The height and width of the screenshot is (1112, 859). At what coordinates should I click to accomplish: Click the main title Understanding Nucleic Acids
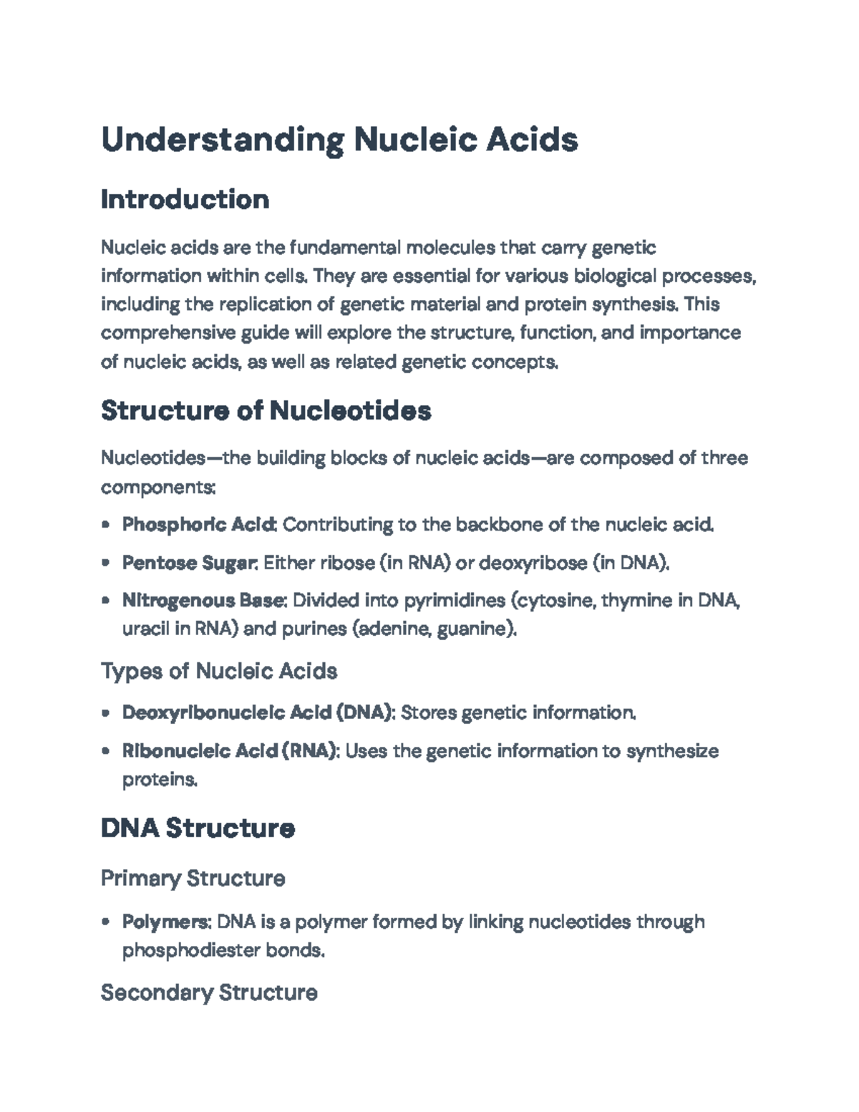pyautogui.click(x=339, y=139)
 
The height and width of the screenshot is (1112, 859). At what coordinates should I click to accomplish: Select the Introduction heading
pyautogui.click(x=185, y=199)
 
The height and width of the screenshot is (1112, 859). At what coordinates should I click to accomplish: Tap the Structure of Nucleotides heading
pyautogui.click(x=266, y=410)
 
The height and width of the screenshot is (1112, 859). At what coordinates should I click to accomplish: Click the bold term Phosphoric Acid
pyautogui.click(x=199, y=525)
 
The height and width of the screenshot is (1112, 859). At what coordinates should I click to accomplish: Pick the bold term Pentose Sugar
pyautogui.click(x=189, y=563)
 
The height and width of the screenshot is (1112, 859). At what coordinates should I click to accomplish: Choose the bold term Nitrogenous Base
pyautogui.click(x=204, y=600)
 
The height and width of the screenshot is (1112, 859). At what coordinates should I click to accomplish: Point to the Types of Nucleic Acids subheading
pyautogui.click(x=218, y=671)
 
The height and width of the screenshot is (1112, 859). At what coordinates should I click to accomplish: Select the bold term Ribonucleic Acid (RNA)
pyautogui.click(x=230, y=751)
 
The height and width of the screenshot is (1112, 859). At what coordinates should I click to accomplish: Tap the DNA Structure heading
pyautogui.click(x=198, y=828)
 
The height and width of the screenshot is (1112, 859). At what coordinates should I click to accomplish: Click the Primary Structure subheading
pyautogui.click(x=193, y=878)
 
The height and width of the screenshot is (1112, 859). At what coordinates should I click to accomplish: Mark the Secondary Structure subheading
pyautogui.click(x=209, y=992)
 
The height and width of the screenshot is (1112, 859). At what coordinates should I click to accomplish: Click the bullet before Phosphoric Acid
pyautogui.click(x=106, y=525)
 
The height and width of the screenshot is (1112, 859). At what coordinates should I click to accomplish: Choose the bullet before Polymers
pyautogui.click(x=106, y=922)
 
